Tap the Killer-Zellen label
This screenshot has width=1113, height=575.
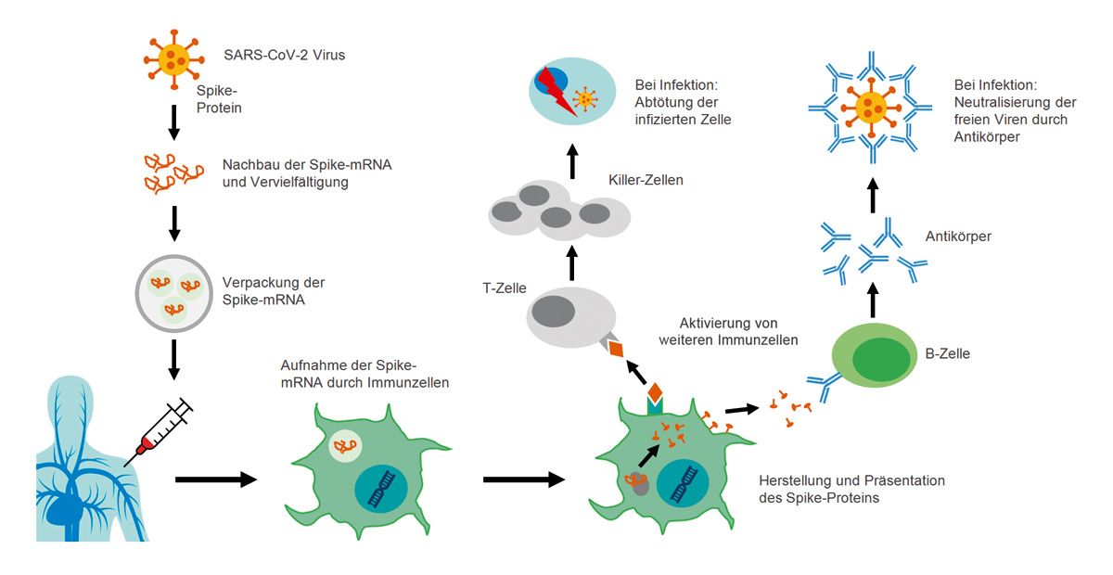click(x=646, y=180)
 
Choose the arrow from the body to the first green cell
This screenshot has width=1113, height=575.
click(x=215, y=479)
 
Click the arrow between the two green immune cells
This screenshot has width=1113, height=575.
click(x=524, y=479)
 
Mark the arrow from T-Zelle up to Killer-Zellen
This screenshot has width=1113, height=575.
click(x=571, y=263)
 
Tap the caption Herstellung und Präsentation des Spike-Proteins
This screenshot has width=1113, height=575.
click(x=851, y=488)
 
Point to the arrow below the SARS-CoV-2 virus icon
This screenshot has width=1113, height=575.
click(x=173, y=121)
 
